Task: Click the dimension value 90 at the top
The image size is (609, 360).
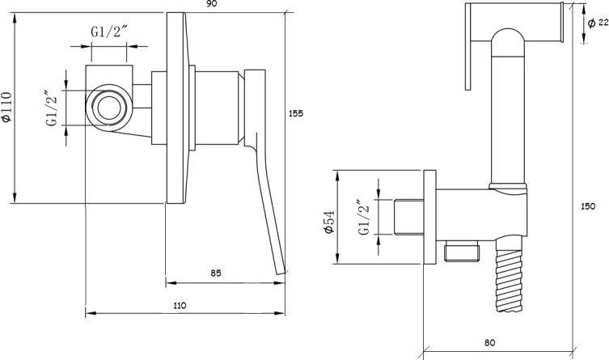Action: [x=212, y=4]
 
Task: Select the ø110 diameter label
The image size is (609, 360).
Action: [x=7, y=107]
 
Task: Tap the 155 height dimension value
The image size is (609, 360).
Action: [x=296, y=114]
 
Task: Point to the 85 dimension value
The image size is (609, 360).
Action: [x=216, y=273]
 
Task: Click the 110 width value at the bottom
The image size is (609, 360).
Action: [x=179, y=306]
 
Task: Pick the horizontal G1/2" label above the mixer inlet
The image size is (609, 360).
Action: [x=109, y=31]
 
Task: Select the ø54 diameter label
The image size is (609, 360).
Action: [x=329, y=222]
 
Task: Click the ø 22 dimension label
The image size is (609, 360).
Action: [x=598, y=23]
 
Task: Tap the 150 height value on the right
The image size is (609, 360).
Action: [x=588, y=206]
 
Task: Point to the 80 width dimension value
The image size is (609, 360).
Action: [x=490, y=343]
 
